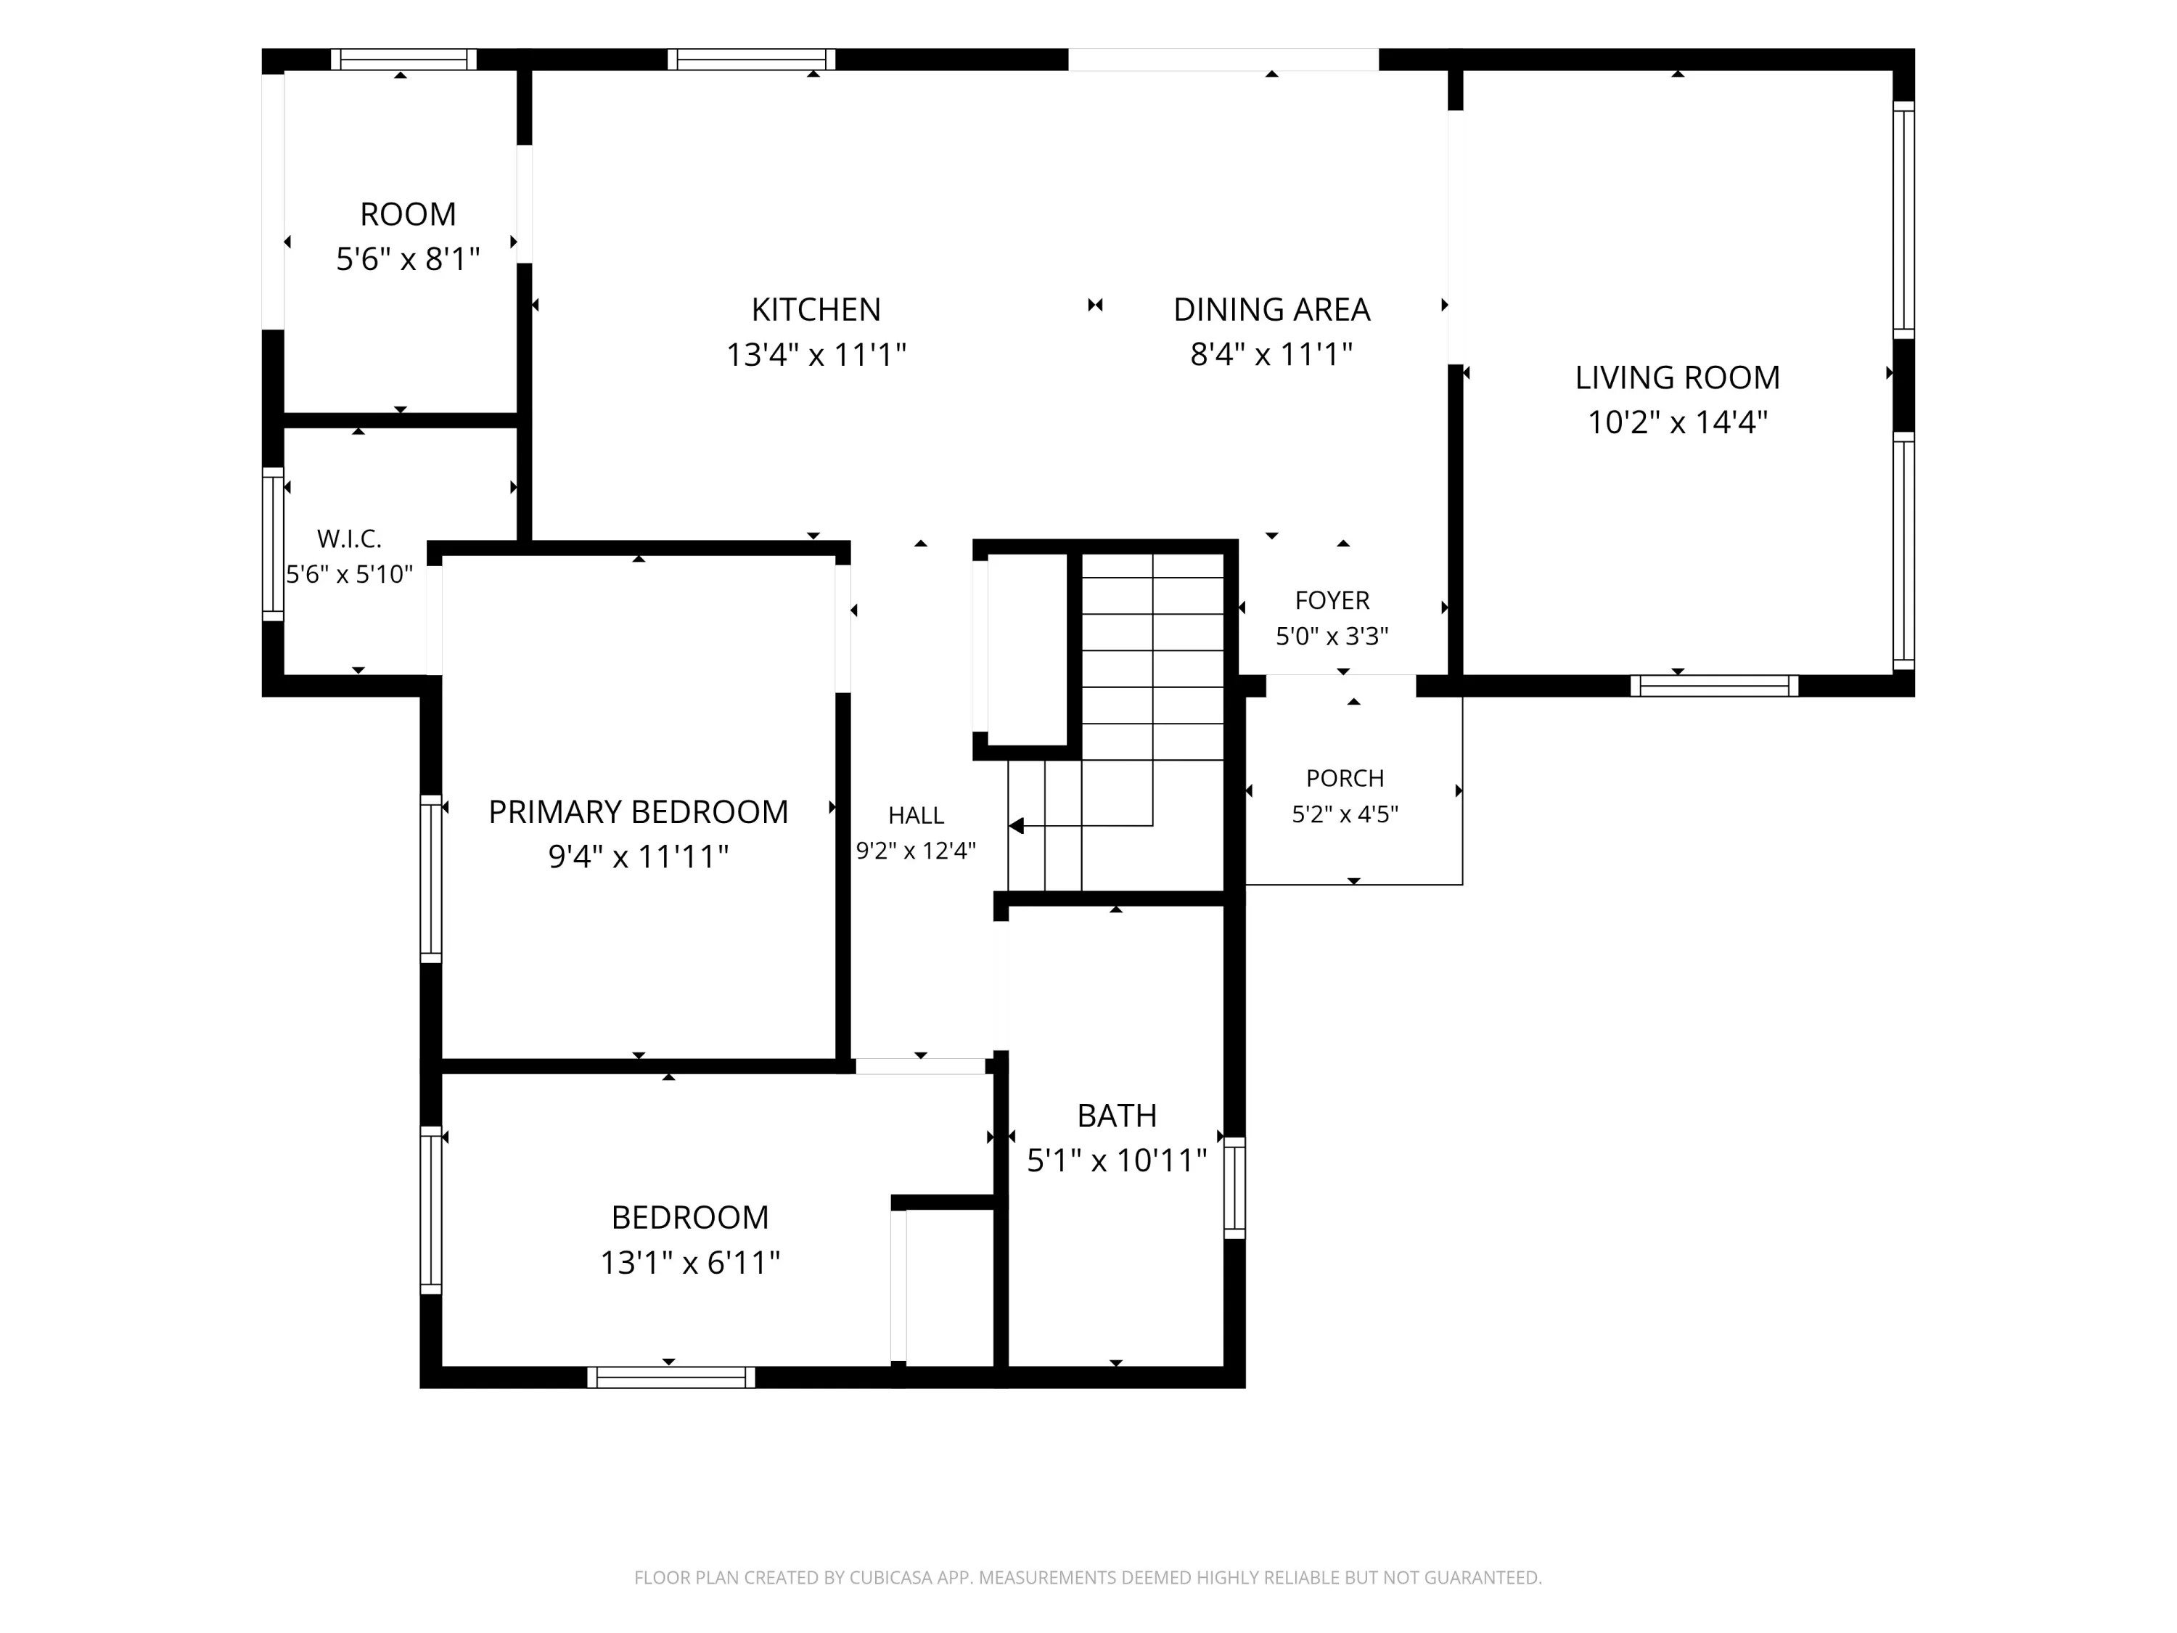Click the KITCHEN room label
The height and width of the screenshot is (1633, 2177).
(x=816, y=309)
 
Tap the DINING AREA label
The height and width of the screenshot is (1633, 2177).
(x=1271, y=309)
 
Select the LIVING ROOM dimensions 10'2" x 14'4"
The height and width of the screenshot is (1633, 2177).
(x=1678, y=422)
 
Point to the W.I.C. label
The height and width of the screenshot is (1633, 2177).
(x=349, y=539)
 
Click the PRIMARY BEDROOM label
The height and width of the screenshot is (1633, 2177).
(x=639, y=812)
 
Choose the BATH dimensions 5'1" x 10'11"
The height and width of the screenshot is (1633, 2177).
(x=1117, y=1161)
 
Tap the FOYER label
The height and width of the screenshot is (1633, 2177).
(x=1332, y=600)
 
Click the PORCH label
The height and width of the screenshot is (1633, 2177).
(x=1345, y=779)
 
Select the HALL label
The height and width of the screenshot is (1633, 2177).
(x=917, y=815)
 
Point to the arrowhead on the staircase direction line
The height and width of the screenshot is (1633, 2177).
(x=1017, y=826)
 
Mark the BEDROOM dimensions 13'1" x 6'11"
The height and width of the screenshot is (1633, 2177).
(x=691, y=1262)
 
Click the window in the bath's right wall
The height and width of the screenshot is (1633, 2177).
(x=1234, y=1187)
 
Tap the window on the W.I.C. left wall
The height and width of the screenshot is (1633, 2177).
(x=273, y=544)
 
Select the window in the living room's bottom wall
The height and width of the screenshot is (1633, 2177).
(x=1715, y=686)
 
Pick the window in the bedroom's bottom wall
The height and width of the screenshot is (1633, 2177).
(x=671, y=1377)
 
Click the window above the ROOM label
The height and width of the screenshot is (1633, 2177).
(x=403, y=59)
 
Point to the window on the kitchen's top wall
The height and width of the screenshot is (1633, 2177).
(x=752, y=59)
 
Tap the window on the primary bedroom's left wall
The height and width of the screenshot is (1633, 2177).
(x=431, y=879)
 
